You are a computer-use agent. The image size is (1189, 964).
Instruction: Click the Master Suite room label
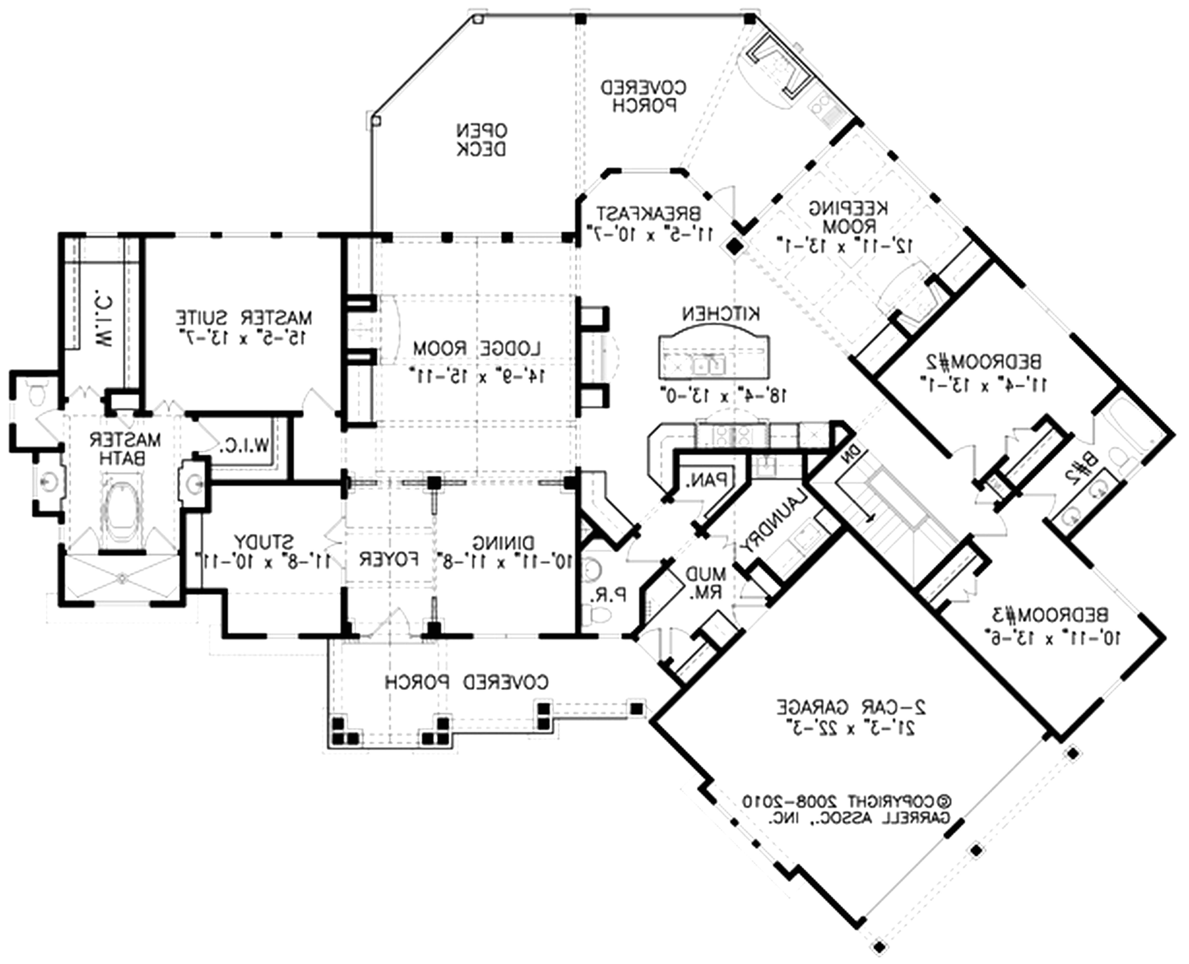click(x=244, y=318)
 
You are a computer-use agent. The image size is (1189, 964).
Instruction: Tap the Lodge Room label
click(x=477, y=349)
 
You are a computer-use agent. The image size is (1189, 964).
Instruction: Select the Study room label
click(x=263, y=541)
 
